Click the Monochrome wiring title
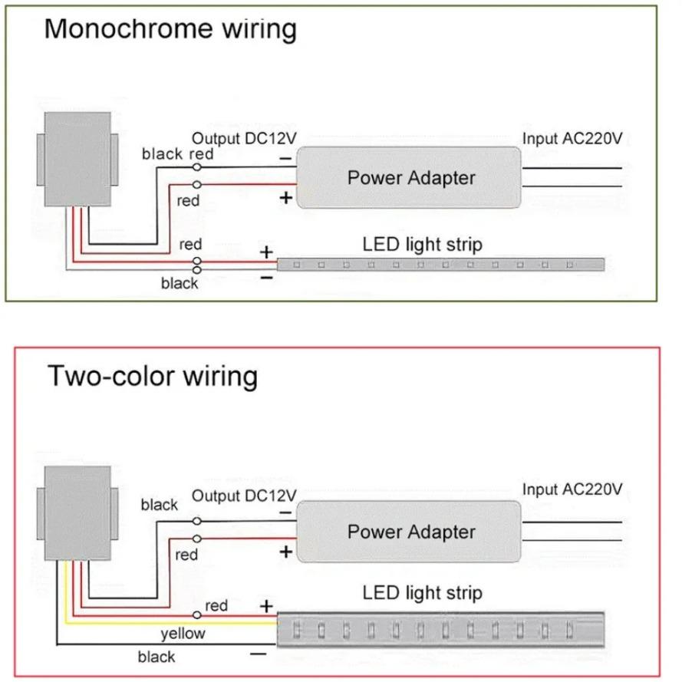pos(170,28)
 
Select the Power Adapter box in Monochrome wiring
pos(410,178)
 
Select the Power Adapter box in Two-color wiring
pos(410,532)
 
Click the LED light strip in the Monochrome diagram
pos(442,265)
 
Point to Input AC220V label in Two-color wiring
pos(572,489)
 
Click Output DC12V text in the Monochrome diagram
pos(244,139)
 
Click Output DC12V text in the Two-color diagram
pos(244,496)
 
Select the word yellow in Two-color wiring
pos(183,634)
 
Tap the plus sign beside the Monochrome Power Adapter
pos(285,199)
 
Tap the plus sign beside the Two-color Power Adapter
pos(285,552)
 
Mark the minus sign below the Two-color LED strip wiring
pos(259,654)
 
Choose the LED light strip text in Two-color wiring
pos(422,593)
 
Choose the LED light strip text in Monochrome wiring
pos(422,245)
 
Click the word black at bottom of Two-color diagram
pos(156,657)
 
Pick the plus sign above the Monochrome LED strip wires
pos(266,252)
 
